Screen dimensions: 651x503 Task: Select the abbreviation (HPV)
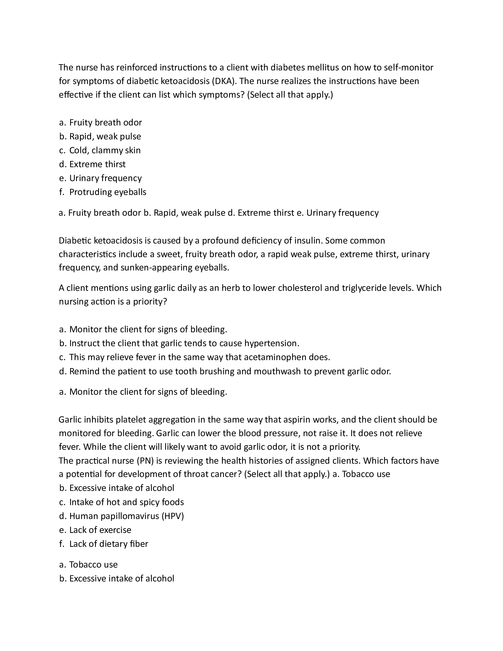pyautogui.click(x=172, y=516)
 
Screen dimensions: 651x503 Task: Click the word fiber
pyautogui.click(x=139, y=544)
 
